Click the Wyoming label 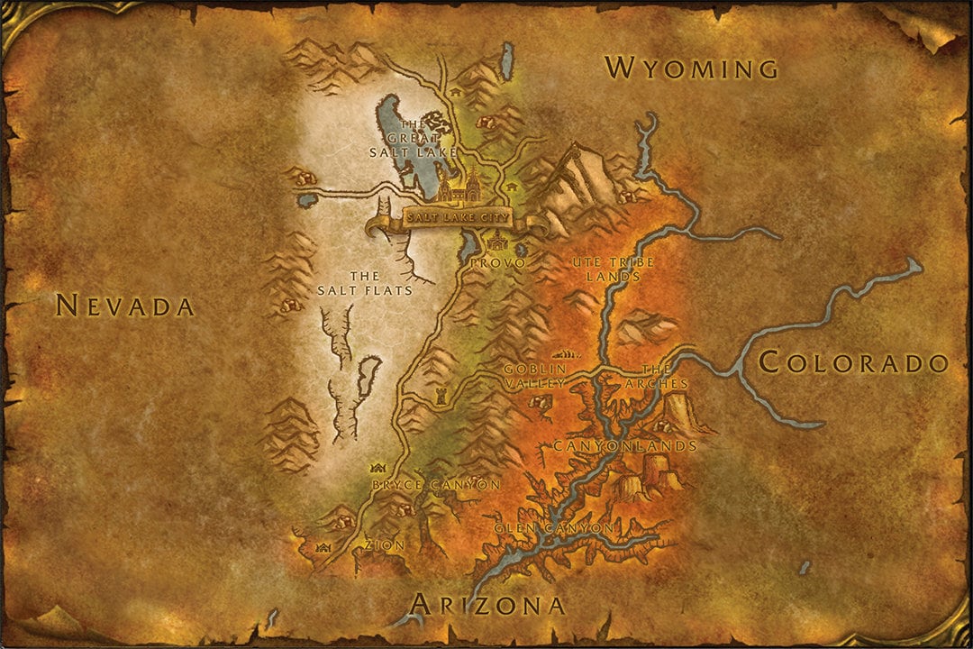pyautogui.click(x=691, y=68)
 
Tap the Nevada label pyautogui.click(x=124, y=306)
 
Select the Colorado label pyautogui.click(x=853, y=362)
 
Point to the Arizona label pyautogui.click(x=488, y=604)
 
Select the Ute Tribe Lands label pyautogui.click(x=613, y=269)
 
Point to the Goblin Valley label pyautogui.click(x=536, y=376)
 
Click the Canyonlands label pyautogui.click(x=624, y=446)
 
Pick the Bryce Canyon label pyautogui.click(x=436, y=485)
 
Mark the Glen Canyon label pyautogui.click(x=554, y=527)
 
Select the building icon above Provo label pyautogui.click(x=496, y=240)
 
